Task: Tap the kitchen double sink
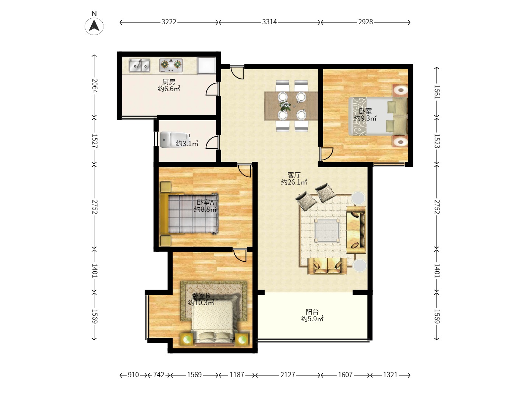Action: click(x=139, y=65)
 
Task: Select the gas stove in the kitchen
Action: click(x=171, y=65)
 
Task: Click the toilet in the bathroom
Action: click(x=167, y=139)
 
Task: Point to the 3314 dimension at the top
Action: click(x=269, y=22)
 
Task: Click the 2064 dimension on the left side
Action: click(x=95, y=86)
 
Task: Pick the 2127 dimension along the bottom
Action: click(x=287, y=375)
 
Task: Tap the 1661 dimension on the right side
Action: click(x=437, y=92)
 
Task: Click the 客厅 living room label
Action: click(x=294, y=175)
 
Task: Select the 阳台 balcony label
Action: click(x=312, y=312)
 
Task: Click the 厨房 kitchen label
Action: click(x=169, y=82)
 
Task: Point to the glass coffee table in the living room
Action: click(x=327, y=231)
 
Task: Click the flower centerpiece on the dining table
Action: click(x=285, y=106)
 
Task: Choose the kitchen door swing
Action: click(x=212, y=89)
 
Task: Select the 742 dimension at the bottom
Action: click(x=159, y=375)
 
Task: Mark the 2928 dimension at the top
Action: click(x=365, y=22)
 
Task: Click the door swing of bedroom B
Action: click(x=240, y=255)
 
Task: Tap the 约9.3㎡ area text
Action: click(x=365, y=118)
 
